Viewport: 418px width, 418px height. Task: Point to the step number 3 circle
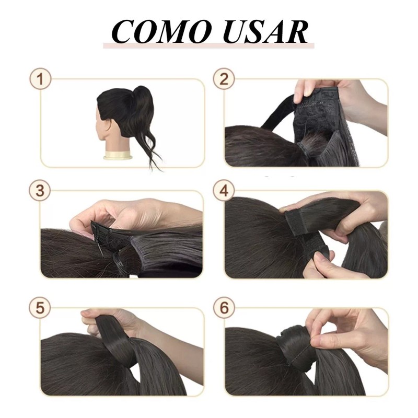[40, 191]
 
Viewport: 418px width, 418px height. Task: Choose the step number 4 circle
[224, 191]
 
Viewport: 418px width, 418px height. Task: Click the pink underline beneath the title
[209, 47]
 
